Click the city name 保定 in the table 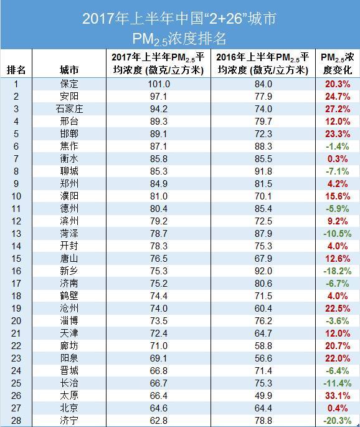(x=69, y=84)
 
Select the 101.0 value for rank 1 (x=159, y=84)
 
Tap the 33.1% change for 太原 (x=338, y=396)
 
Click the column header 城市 (x=69, y=70)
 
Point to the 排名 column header (x=16, y=70)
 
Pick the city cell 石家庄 (x=69, y=109)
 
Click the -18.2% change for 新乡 (x=338, y=271)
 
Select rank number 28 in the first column (x=16, y=421)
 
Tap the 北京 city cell (x=69, y=408)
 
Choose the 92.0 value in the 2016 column (x=263, y=271)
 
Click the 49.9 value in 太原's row (x=263, y=396)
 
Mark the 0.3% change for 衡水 (x=338, y=159)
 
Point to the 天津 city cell (x=69, y=333)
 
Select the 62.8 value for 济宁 (x=159, y=421)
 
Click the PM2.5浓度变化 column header (x=338, y=64)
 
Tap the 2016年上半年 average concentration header (x=263, y=64)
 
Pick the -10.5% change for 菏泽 (x=338, y=234)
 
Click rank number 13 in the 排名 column (x=16, y=234)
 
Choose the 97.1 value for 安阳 (x=159, y=97)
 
